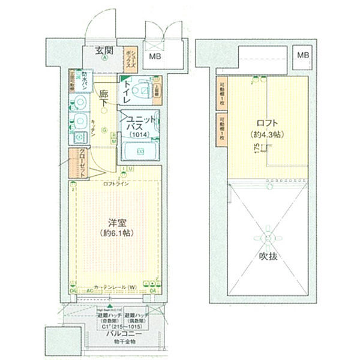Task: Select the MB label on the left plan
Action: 155,57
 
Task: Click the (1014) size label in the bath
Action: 140,136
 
